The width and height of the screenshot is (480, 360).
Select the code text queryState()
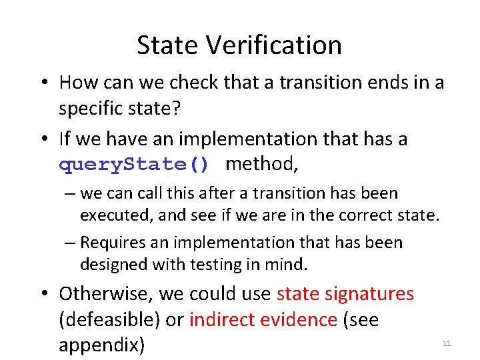[134, 164]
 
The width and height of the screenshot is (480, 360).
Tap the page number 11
[447, 343]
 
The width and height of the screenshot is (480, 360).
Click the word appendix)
[101, 345]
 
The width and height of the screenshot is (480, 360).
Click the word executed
[110, 215]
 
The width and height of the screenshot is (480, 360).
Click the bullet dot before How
[42, 83]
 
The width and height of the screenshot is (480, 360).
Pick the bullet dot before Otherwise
[42, 294]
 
